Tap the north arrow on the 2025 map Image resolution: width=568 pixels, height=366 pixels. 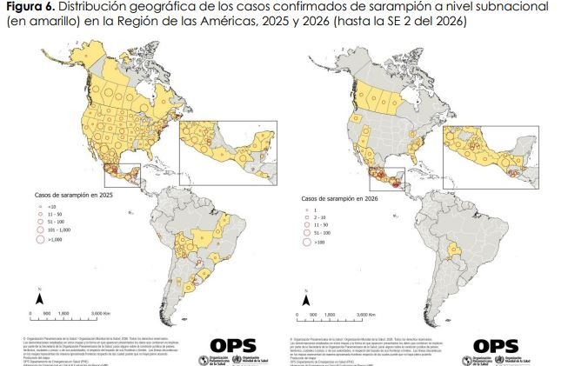[x=130, y=211]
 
